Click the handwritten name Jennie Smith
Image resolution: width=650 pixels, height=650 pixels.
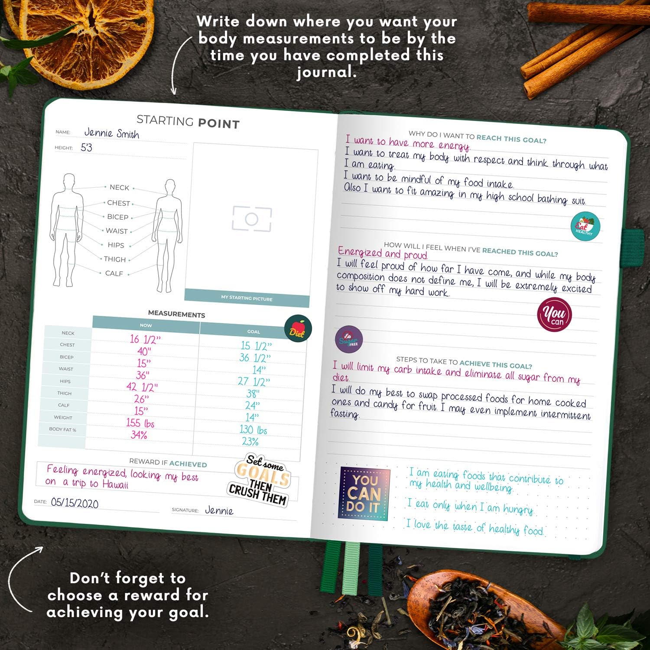(x=111, y=133)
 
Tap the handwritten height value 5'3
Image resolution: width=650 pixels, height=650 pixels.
(x=86, y=148)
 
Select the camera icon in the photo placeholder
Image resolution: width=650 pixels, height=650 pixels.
(x=252, y=219)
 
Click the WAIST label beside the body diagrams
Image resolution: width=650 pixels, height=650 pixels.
(x=117, y=231)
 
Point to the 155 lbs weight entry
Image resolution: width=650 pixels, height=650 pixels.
(x=140, y=423)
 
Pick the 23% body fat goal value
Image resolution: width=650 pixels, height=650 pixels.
(x=250, y=442)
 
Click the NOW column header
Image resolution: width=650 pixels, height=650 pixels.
(x=146, y=325)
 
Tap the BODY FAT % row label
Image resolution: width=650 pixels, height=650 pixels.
(x=62, y=429)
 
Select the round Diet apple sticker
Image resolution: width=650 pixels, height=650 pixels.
(x=298, y=328)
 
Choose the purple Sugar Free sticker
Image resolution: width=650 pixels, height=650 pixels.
(x=349, y=339)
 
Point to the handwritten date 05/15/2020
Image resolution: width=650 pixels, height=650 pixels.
(x=75, y=503)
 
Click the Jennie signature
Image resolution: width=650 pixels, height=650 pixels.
(x=219, y=510)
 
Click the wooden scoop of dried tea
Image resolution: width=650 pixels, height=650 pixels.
(x=477, y=607)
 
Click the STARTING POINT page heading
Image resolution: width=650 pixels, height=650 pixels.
(x=188, y=122)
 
